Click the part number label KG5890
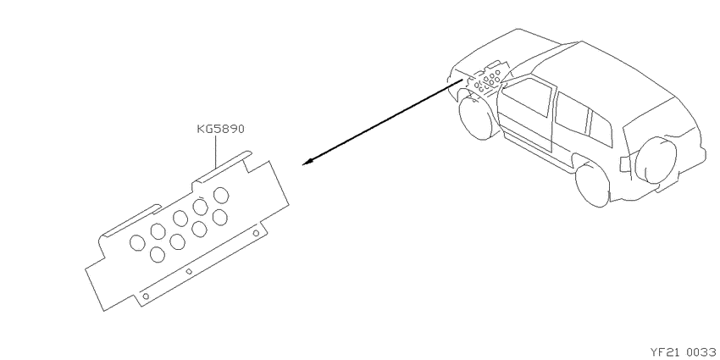click(x=220, y=129)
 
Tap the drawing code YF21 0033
click(x=684, y=352)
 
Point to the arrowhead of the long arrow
click(x=307, y=162)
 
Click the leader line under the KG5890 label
click(x=215, y=152)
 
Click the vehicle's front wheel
click(x=478, y=116)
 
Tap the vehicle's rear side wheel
click(x=592, y=185)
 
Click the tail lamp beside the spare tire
click(x=625, y=164)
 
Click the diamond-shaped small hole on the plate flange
click(x=188, y=271)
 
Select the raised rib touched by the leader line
click(x=223, y=166)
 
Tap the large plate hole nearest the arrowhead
click(x=221, y=195)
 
